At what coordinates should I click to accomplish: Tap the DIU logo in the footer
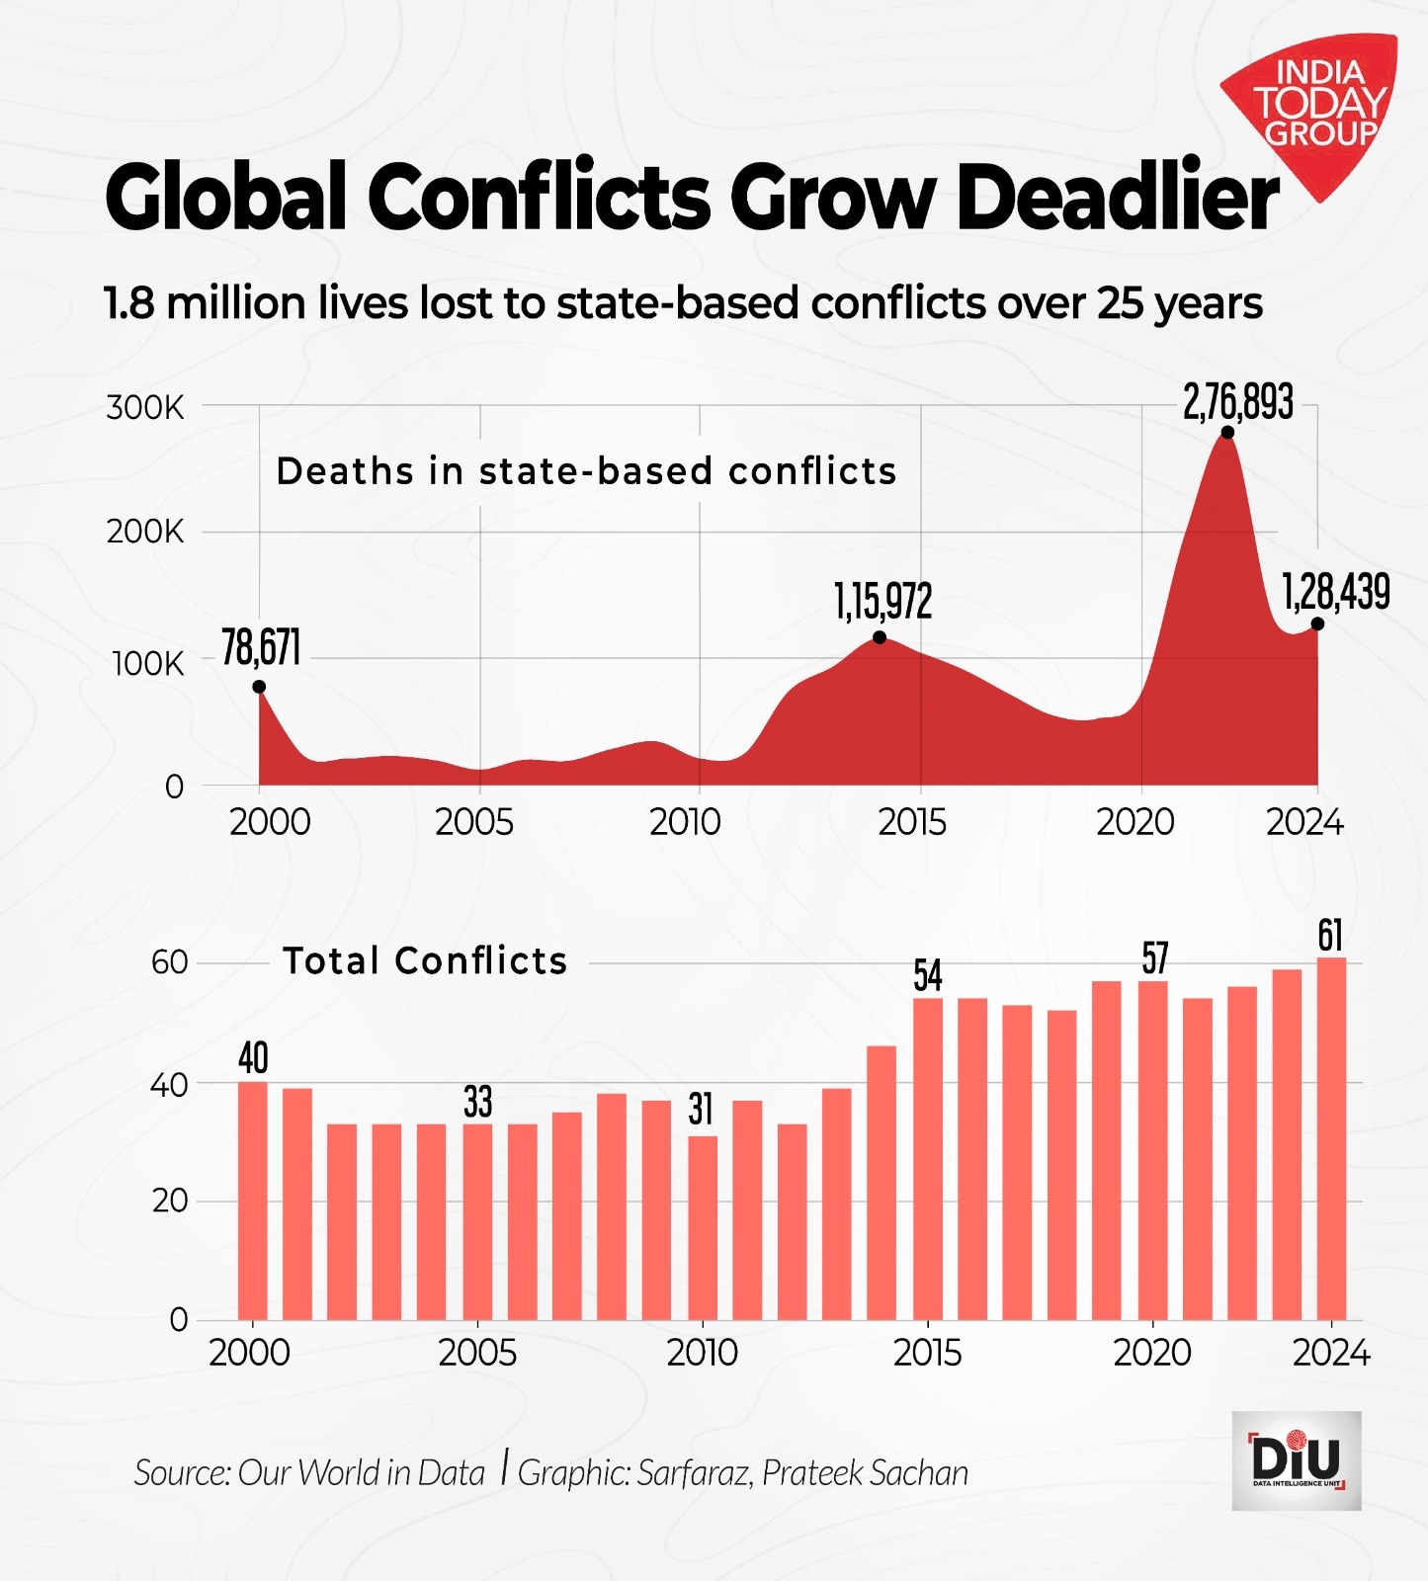tap(1296, 1460)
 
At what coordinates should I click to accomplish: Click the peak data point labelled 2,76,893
tap(1227, 432)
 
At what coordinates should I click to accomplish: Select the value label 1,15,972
tap(882, 601)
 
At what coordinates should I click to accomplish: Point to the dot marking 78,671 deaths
tap(259, 687)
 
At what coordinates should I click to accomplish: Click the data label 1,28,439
tap(1335, 592)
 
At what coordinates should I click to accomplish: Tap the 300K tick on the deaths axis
tap(144, 407)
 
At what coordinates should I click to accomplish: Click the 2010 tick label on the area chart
tap(685, 822)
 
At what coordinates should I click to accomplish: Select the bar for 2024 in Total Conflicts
tap(1331, 1137)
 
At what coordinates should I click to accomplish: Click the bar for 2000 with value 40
tap(253, 1200)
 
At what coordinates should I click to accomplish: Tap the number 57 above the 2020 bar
tap(1154, 957)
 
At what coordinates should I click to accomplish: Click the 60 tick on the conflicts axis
tap(169, 962)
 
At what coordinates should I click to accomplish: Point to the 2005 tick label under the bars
tap(477, 1353)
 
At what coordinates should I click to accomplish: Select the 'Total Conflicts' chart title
tap(425, 960)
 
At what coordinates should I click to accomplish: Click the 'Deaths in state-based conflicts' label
tap(586, 471)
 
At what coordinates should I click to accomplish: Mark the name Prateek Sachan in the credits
tap(865, 1472)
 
